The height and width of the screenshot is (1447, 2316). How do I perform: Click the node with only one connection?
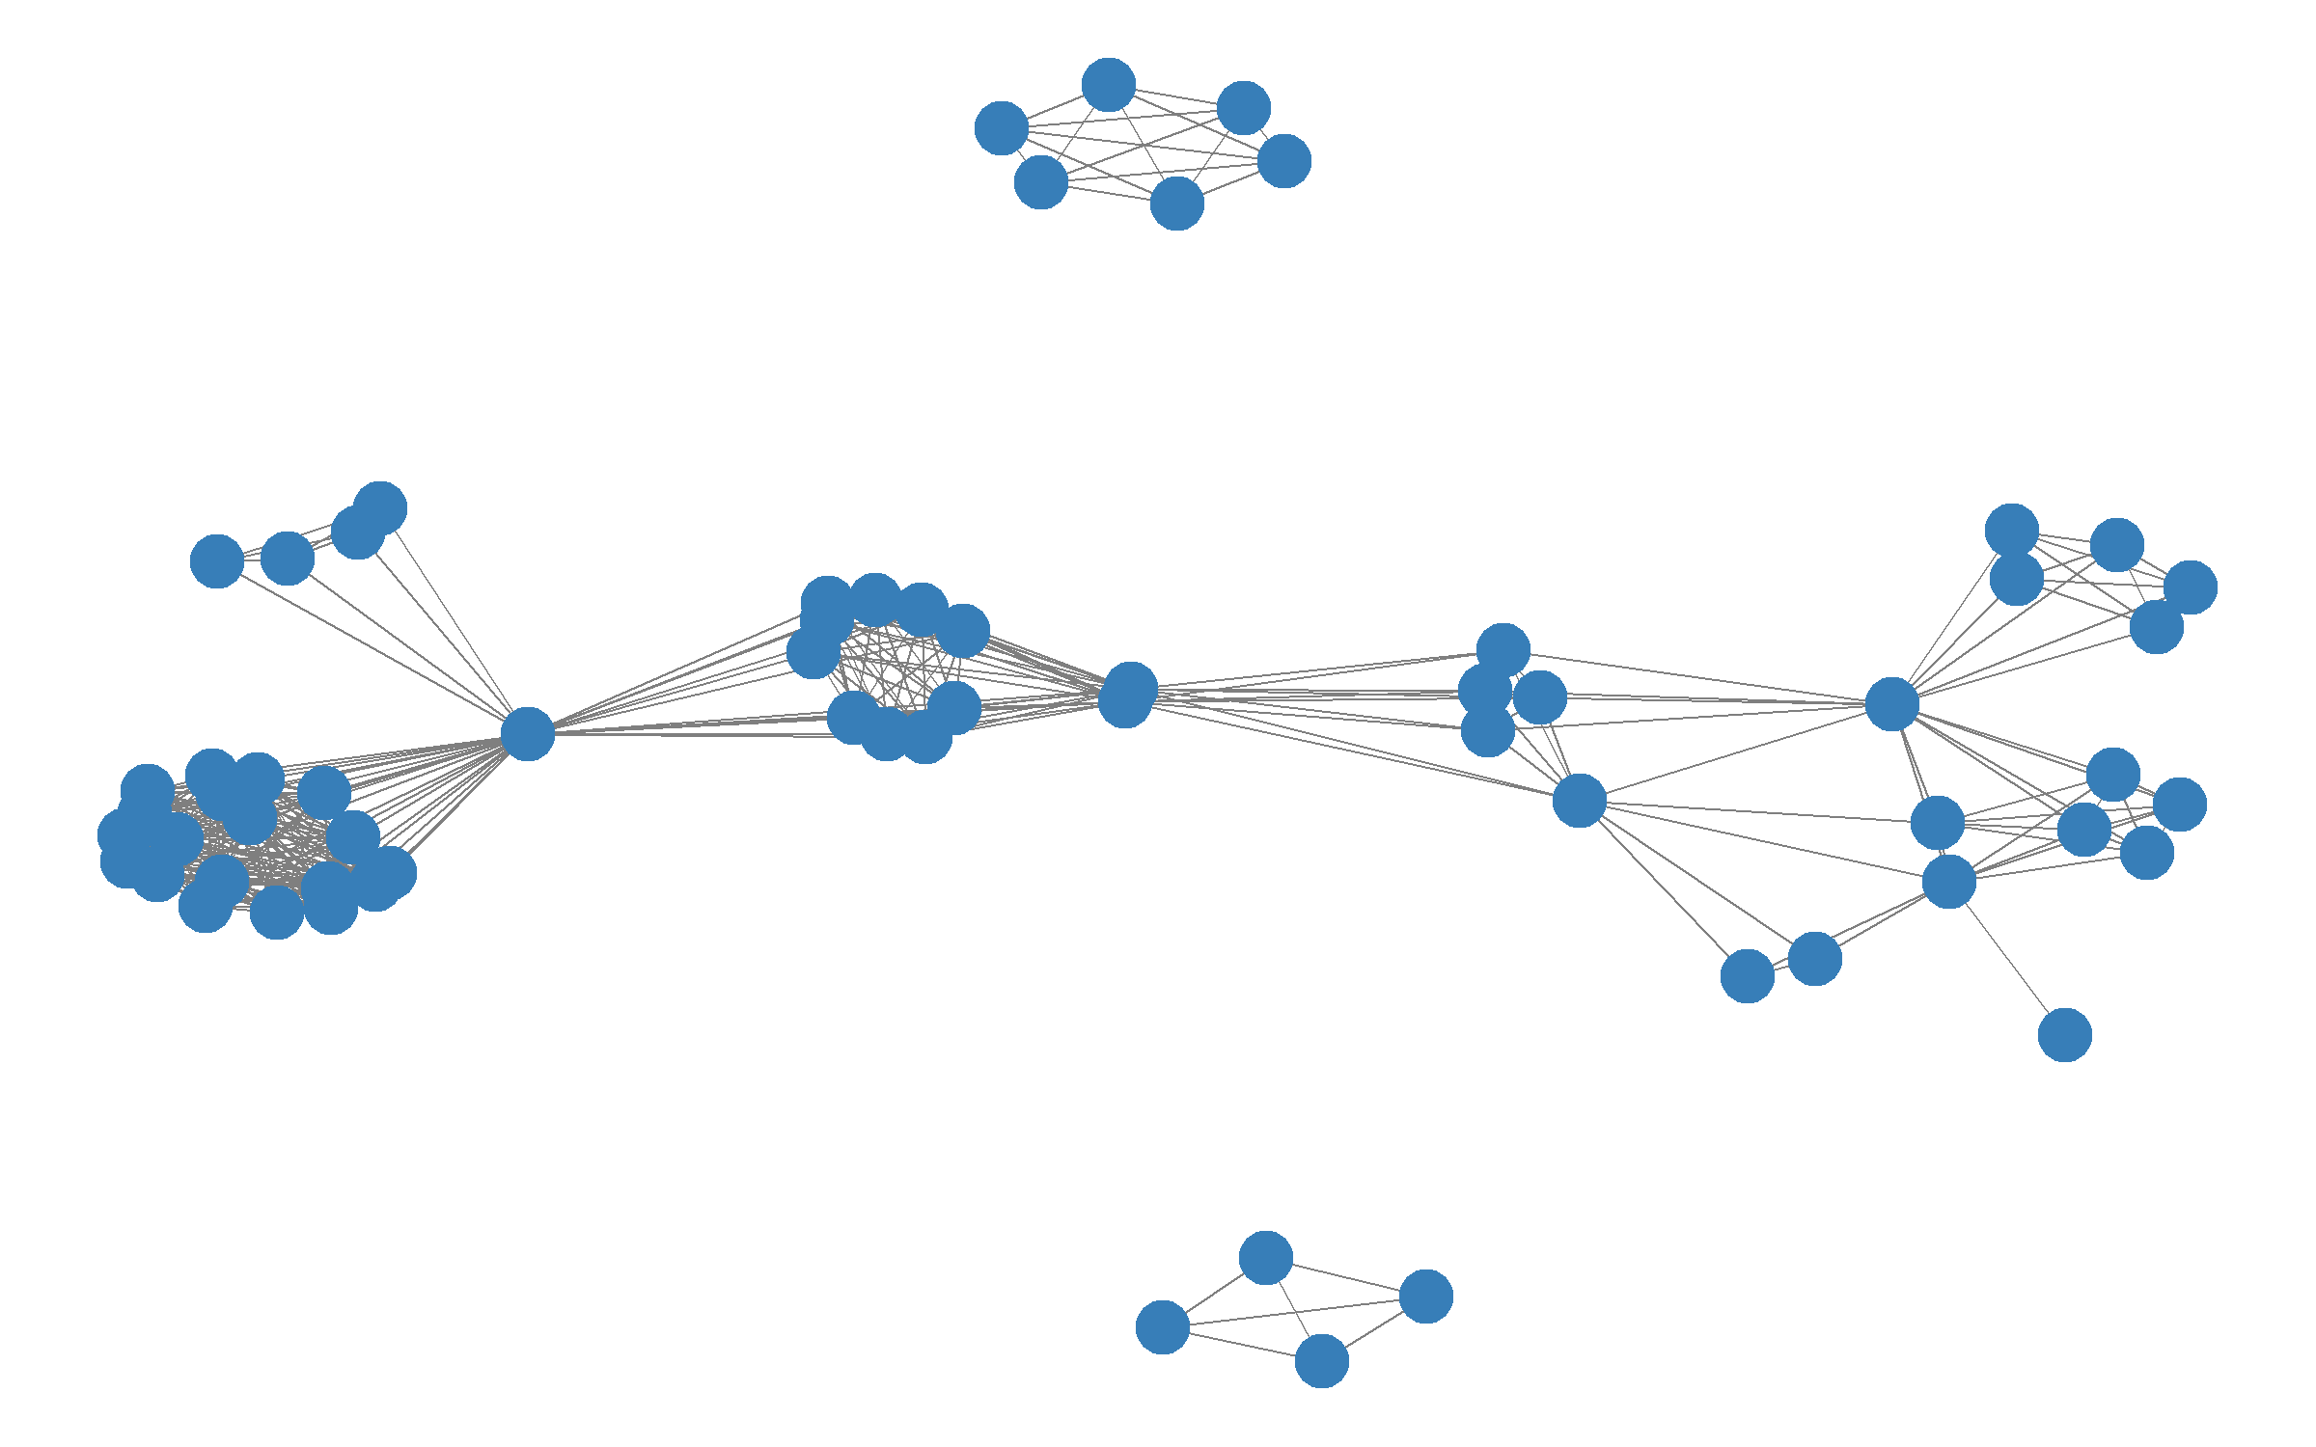(2064, 1035)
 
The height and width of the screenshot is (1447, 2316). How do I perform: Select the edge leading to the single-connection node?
(2007, 959)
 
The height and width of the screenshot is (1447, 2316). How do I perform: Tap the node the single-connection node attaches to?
(1948, 881)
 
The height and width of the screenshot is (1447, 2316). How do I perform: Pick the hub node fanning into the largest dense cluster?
(527, 733)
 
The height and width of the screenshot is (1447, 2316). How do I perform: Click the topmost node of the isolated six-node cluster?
(1108, 84)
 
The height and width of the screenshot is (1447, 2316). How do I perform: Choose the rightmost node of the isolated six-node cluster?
(1283, 160)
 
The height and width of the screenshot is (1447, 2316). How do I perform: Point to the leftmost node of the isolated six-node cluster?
(1001, 127)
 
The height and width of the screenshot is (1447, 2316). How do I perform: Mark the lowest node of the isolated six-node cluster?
(1176, 203)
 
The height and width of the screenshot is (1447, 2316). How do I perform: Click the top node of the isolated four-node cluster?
(1265, 1257)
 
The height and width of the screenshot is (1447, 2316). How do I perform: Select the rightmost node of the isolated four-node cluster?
(1425, 1296)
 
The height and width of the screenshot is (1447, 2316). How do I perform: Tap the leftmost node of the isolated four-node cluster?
(1162, 1326)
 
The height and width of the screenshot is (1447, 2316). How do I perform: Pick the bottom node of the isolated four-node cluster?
(1321, 1360)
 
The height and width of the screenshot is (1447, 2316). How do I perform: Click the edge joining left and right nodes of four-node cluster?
(1294, 1311)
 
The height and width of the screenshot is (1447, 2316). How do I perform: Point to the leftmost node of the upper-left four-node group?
(216, 560)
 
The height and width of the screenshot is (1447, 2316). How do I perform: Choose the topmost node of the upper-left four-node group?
(380, 507)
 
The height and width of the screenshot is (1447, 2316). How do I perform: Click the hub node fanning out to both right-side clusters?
(1891, 703)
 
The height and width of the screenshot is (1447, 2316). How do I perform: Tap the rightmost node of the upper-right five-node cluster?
(2190, 587)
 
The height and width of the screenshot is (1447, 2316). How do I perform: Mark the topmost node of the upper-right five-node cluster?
(2011, 530)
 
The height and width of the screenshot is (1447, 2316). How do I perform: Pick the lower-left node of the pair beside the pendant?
(1747, 975)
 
